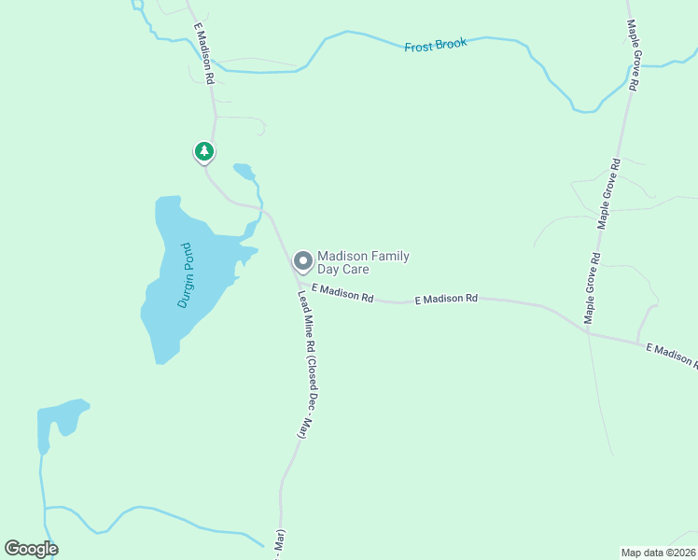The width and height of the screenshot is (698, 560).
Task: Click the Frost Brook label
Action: pyautogui.click(x=435, y=44)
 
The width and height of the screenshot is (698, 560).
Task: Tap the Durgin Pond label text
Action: pyautogui.click(x=184, y=275)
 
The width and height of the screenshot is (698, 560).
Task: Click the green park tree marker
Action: pyautogui.click(x=204, y=151)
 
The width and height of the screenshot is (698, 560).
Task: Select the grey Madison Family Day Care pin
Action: pyautogui.click(x=302, y=260)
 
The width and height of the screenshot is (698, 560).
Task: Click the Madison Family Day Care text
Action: pyautogui.click(x=363, y=262)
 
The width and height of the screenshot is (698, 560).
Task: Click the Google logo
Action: pyautogui.click(x=31, y=549)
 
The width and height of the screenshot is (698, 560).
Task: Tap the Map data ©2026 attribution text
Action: pyautogui.click(x=658, y=553)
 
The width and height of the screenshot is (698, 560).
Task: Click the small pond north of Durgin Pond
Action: pyautogui.click(x=244, y=171)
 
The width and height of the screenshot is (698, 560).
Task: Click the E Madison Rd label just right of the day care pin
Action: pyautogui.click(x=342, y=294)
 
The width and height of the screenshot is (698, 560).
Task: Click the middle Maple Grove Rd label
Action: pyautogui.click(x=608, y=194)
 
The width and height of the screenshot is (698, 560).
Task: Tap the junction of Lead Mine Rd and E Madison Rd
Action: pyautogui.click(x=297, y=280)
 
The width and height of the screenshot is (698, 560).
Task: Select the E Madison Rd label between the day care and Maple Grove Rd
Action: pyautogui.click(x=445, y=299)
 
